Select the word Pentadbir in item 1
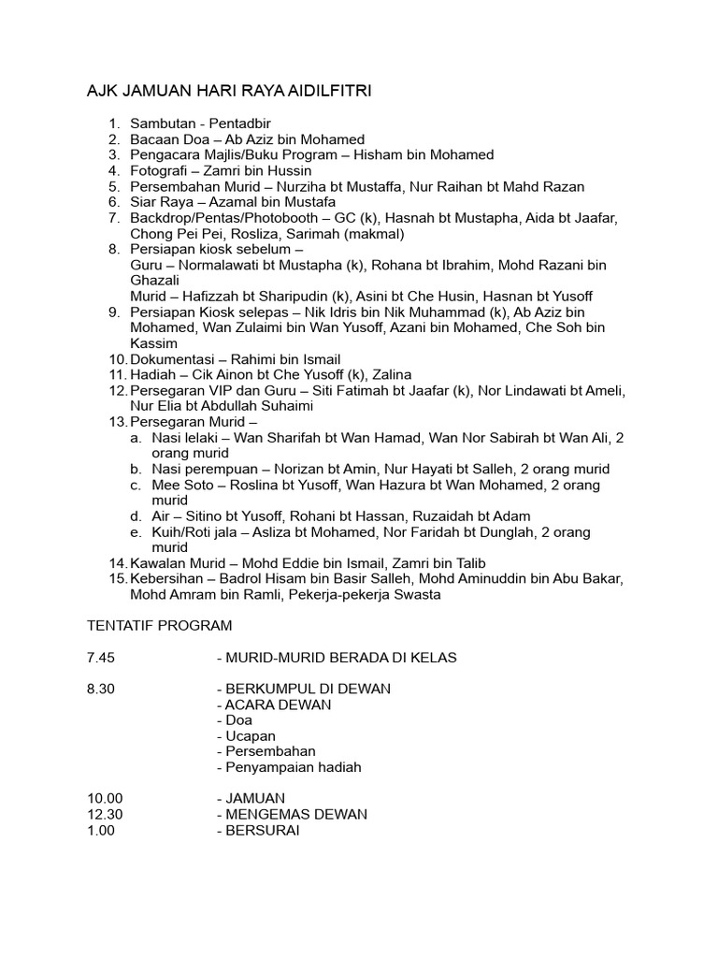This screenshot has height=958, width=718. pos(239,123)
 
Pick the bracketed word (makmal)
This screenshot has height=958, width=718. pos(374,234)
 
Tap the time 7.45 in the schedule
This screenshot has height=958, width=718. pos(100,658)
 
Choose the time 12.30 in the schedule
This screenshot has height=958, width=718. pos(105,814)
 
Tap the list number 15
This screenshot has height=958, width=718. pos(117,579)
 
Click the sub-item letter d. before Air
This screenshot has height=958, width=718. pos(136,516)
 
